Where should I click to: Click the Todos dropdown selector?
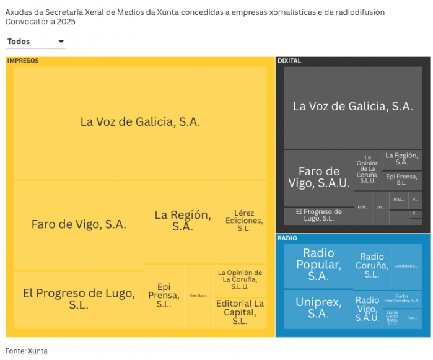point(35,42)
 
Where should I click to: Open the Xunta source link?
point(37,351)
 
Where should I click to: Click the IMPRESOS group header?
point(23,61)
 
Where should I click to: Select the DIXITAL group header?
point(289,61)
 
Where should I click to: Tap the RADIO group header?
point(287,238)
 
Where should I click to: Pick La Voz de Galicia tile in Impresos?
point(140,122)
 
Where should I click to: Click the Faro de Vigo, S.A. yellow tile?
point(79,224)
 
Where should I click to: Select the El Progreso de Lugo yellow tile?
point(79,299)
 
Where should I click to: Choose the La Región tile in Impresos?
point(182,221)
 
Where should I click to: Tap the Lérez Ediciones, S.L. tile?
point(243,221)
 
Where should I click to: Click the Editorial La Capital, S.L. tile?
point(240,312)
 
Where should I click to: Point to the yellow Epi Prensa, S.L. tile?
point(164,296)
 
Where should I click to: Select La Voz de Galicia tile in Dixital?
point(352,107)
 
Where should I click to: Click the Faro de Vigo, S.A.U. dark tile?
point(319,177)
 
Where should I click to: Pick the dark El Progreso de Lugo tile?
point(318,216)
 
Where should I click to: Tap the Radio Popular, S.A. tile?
point(318,265)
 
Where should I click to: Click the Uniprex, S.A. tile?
point(318,308)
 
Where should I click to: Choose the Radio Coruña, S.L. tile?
point(372,265)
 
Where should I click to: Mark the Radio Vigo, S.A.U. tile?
point(367,309)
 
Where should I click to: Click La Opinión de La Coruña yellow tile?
point(240,280)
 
